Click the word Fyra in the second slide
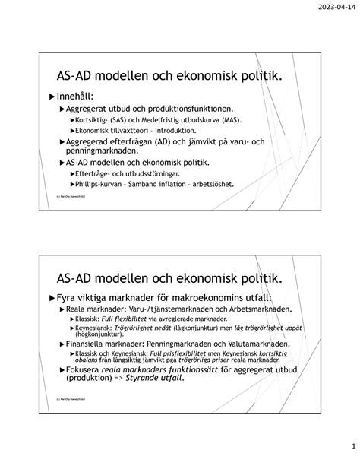coord(71,297)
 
